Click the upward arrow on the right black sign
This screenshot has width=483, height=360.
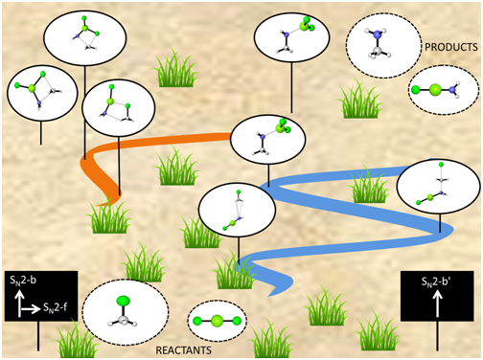(x=438, y=304)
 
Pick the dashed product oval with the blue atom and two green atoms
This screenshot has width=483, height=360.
(x=439, y=92)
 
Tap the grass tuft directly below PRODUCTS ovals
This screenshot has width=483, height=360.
(x=361, y=99)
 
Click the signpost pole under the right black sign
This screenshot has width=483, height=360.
(x=439, y=334)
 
